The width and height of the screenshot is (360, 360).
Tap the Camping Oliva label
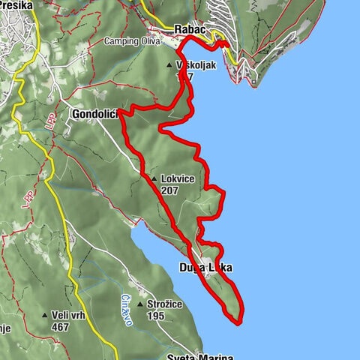click(133, 41)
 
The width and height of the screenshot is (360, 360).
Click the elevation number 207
click(169, 190)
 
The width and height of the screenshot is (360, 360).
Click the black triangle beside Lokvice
click(154, 179)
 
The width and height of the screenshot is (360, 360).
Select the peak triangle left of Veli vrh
click(45, 316)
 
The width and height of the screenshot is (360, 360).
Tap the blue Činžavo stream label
click(127, 307)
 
